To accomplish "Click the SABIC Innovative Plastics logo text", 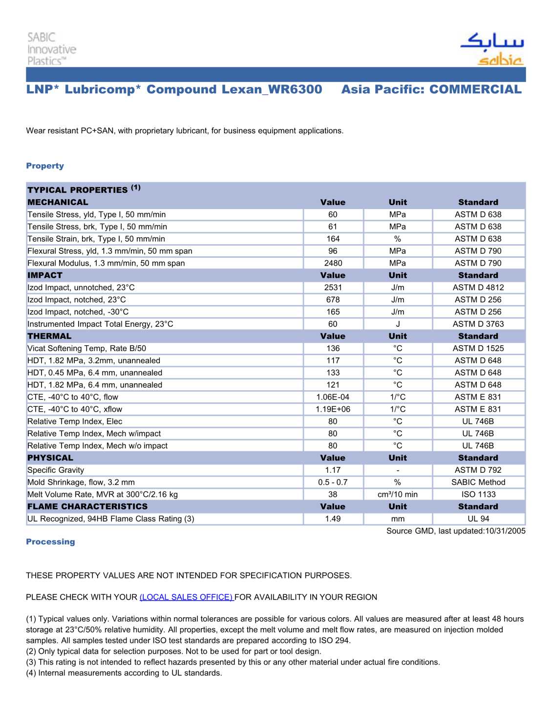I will pyautogui.click(x=51, y=49).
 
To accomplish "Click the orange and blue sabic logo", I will pyautogui.click(x=492, y=49).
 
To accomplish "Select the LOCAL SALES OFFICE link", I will pyautogui.click(x=187, y=597).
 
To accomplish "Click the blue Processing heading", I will pyautogui.click(x=50, y=542).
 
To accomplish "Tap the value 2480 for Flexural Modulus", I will pyautogui.click(x=333, y=263).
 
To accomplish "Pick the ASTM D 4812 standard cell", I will pyautogui.click(x=478, y=288).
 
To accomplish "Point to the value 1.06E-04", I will pyautogui.click(x=333, y=397).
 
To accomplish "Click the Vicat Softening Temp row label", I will pyautogui.click(x=86, y=348).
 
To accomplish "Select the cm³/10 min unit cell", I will pyautogui.click(x=398, y=494).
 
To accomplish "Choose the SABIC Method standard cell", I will pyautogui.click(x=478, y=482).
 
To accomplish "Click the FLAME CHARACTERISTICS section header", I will pyautogui.click(x=87, y=506).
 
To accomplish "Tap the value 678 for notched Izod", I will pyautogui.click(x=333, y=300).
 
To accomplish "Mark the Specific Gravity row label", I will pyautogui.click(x=56, y=470).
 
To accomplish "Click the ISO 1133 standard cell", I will pyautogui.click(x=478, y=494).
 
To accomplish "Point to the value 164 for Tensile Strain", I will pyautogui.click(x=333, y=239).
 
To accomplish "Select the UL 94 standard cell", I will pyautogui.click(x=478, y=519).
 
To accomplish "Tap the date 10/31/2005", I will pyautogui.click(x=505, y=531).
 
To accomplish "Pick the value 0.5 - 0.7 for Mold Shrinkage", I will pyautogui.click(x=333, y=482).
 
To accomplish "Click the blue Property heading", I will pyautogui.click(x=45, y=166).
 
